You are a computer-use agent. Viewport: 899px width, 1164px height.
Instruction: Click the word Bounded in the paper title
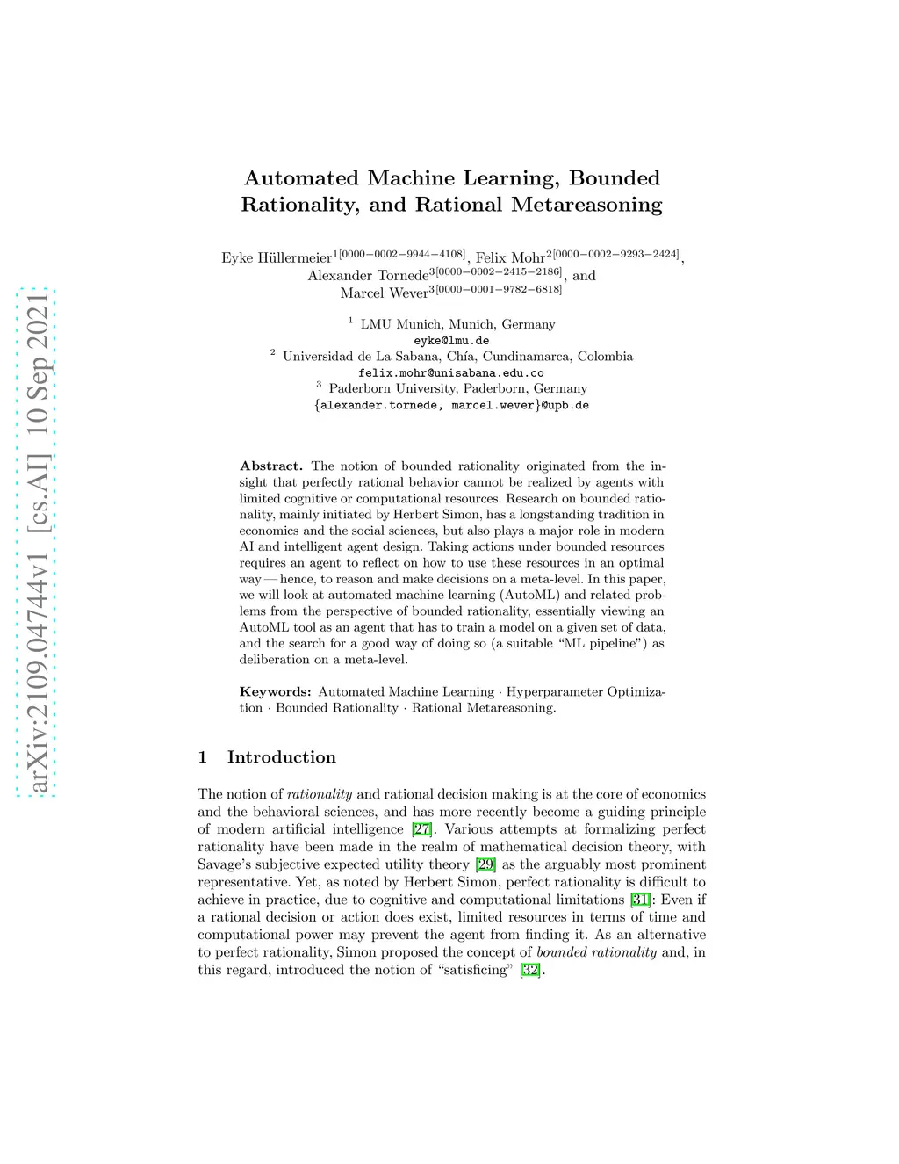(614, 178)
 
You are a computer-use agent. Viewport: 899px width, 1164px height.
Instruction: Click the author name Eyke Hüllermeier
(277, 257)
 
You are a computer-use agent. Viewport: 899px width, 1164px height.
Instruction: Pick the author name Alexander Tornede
(367, 275)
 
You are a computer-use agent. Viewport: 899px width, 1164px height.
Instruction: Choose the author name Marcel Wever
(384, 293)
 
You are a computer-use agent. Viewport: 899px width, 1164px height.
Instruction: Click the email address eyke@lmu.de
(451, 341)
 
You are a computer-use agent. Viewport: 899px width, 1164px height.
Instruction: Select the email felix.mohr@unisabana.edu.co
(451, 373)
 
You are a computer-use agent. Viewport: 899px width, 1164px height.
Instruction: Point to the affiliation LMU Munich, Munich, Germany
(457, 324)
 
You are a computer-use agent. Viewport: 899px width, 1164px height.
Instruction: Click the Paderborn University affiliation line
(457, 388)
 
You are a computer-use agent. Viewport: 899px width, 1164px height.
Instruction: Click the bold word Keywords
(275, 692)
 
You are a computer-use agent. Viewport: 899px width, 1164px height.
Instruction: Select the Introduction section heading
(281, 757)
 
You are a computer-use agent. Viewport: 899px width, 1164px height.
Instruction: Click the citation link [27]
(421, 829)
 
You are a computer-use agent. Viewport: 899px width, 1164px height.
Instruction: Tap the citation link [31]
(641, 900)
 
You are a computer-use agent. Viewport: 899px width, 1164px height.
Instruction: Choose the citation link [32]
(530, 970)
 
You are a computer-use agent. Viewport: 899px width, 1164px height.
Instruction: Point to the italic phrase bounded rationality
(596, 952)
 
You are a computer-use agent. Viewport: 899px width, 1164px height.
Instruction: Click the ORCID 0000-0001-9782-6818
(499, 289)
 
